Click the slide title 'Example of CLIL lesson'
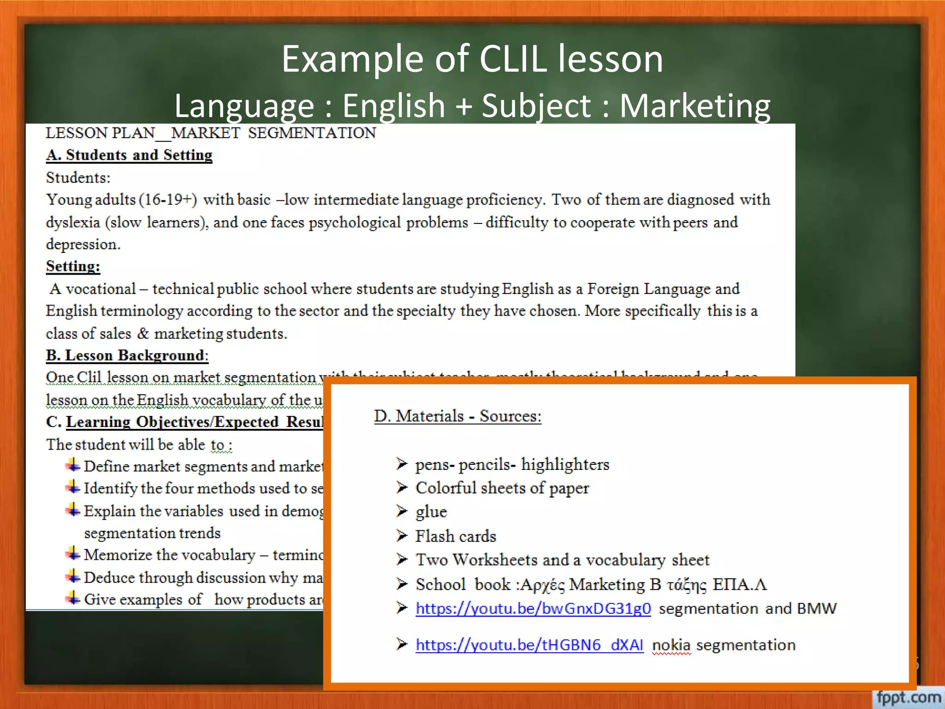coord(472,59)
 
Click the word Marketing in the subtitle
coord(694,106)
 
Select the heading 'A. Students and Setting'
coord(129,155)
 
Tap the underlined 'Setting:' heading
coord(73,266)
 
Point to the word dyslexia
coord(73,222)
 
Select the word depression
coord(83,244)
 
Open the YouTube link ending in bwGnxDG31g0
coord(533,608)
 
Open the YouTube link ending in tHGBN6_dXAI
coord(529,644)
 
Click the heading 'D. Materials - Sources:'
coord(457,416)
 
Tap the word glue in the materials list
coord(431,512)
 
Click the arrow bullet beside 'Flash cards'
coord(402,535)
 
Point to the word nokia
coord(671,645)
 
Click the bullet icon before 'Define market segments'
coord(73,465)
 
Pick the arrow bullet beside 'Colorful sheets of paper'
coord(402,487)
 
